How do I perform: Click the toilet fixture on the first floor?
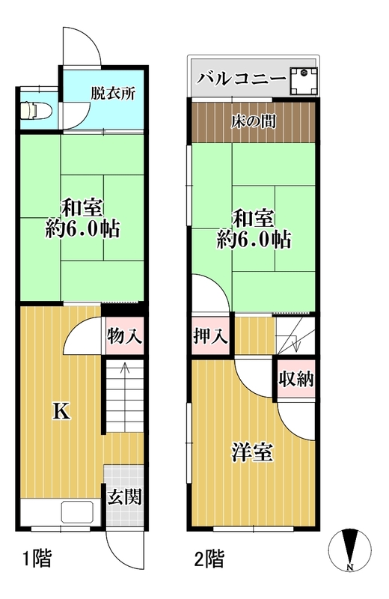[36, 110]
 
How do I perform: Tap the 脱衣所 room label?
[113, 94]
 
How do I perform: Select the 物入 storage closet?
[124, 335]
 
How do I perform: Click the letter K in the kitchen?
[61, 411]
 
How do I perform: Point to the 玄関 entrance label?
[124, 497]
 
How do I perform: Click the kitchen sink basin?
[78, 511]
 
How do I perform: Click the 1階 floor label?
[37, 559]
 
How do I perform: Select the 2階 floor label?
[209, 559]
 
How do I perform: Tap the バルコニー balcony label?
[242, 79]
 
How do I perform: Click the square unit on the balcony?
[304, 81]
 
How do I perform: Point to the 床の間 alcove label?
[254, 122]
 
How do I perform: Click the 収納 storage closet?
[295, 379]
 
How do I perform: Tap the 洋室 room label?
[252, 453]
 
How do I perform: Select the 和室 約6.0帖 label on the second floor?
[254, 229]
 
